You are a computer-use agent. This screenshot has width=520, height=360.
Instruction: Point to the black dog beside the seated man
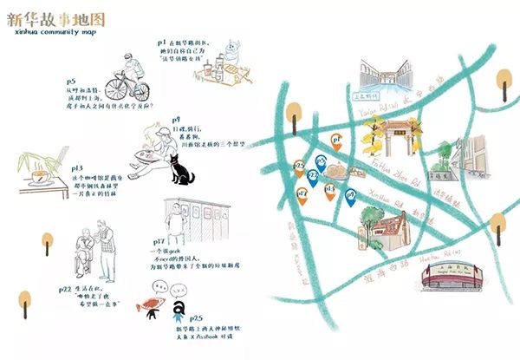click(x=181, y=173)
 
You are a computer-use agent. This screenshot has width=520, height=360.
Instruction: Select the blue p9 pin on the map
click(x=351, y=199)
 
